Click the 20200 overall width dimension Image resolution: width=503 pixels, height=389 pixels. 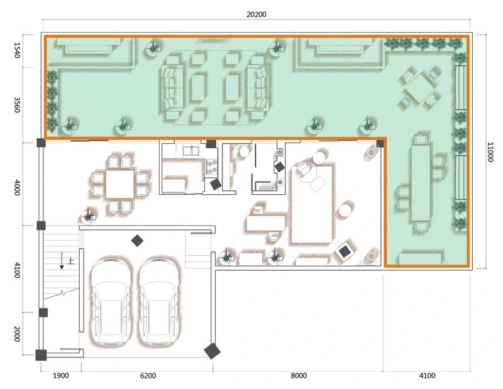(257, 14)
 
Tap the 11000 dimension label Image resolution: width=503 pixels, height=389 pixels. (490, 152)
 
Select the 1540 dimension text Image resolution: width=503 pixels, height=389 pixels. (17, 50)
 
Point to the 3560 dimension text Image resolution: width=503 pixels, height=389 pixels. (17, 105)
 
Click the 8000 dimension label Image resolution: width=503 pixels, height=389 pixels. (299, 376)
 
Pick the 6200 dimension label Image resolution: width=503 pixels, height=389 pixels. (148, 376)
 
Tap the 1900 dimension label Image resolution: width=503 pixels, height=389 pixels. (60, 376)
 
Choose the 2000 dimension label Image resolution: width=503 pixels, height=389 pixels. (17, 334)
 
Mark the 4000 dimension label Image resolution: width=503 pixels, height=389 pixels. (17, 188)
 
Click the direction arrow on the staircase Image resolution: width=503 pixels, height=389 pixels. (62, 260)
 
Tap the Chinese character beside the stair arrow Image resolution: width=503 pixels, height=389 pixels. (71, 261)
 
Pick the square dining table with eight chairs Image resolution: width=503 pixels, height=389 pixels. (119, 184)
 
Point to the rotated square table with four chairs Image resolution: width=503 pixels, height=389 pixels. (419, 87)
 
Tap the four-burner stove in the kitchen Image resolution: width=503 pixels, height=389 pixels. (211, 167)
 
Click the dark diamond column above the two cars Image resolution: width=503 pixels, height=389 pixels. (137, 241)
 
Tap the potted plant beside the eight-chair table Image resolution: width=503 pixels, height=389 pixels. (88, 216)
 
